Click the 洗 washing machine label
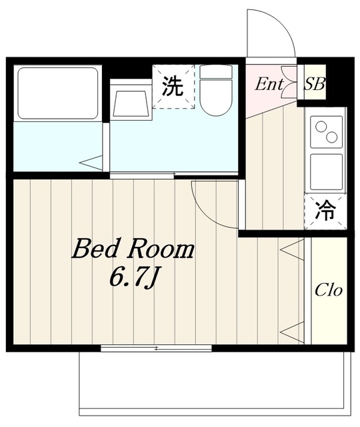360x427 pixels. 173,87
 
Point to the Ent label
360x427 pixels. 269,84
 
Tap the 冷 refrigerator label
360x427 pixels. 325,211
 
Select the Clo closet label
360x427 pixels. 329,290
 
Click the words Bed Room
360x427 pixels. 133,250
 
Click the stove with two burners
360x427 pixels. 327,132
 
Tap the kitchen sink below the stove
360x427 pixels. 327,171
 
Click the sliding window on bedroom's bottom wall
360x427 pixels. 156,348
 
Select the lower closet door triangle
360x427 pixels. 291,330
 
